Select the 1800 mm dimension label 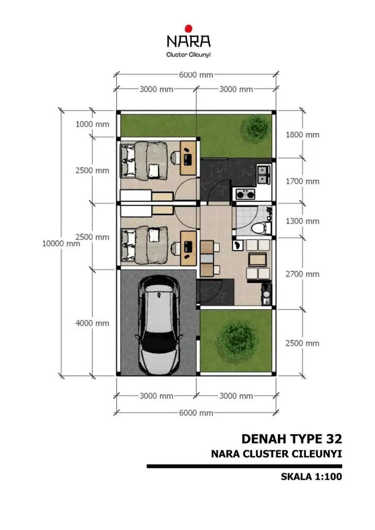tap(302, 135)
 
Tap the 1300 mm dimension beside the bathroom tap(302, 221)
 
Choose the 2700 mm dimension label tap(302, 274)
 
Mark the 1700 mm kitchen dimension tap(302, 181)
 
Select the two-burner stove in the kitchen tap(244, 195)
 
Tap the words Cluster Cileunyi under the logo tap(188, 54)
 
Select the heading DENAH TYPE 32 tap(291, 439)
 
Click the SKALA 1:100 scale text tap(311, 476)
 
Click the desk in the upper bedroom tap(187, 157)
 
